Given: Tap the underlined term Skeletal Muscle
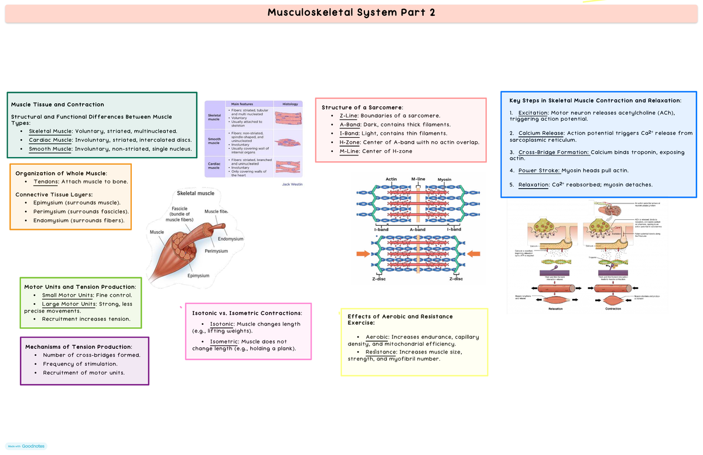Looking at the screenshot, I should pyautogui.click(x=50, y=131).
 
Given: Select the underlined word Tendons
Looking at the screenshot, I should pyautogui.click(x=46, y=182).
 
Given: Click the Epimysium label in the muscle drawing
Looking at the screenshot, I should pyautogui.click(x=198, y=276).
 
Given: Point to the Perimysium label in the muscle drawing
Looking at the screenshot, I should pyautogui.click(x=216, y=251).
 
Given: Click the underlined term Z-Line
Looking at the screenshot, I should pyautogui.click(x=350, y=116).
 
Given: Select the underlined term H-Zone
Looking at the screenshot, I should pyautogui.click(x=350, y=142).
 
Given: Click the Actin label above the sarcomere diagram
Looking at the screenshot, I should pyautogui.click(x=391, y=179).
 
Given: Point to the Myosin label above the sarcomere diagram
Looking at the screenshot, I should pyautogui.click(x=444, y=179).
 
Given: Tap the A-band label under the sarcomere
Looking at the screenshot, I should pyautogui.click(x=417, y=229).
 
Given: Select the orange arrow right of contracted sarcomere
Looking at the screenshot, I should pyautogui.click(x=473, y=254).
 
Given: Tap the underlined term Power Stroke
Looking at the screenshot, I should pyautogui.click(x=539, y=171).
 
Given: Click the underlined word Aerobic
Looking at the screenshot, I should pyautogui.click(x=377, y=337).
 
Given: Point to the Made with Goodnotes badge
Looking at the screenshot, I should pyautogui.click(x=25, y=446).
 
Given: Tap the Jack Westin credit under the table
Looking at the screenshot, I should pyautogui.click(x=291, y=184).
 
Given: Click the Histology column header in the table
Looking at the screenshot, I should pyautogui.click(x=289, y=104).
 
